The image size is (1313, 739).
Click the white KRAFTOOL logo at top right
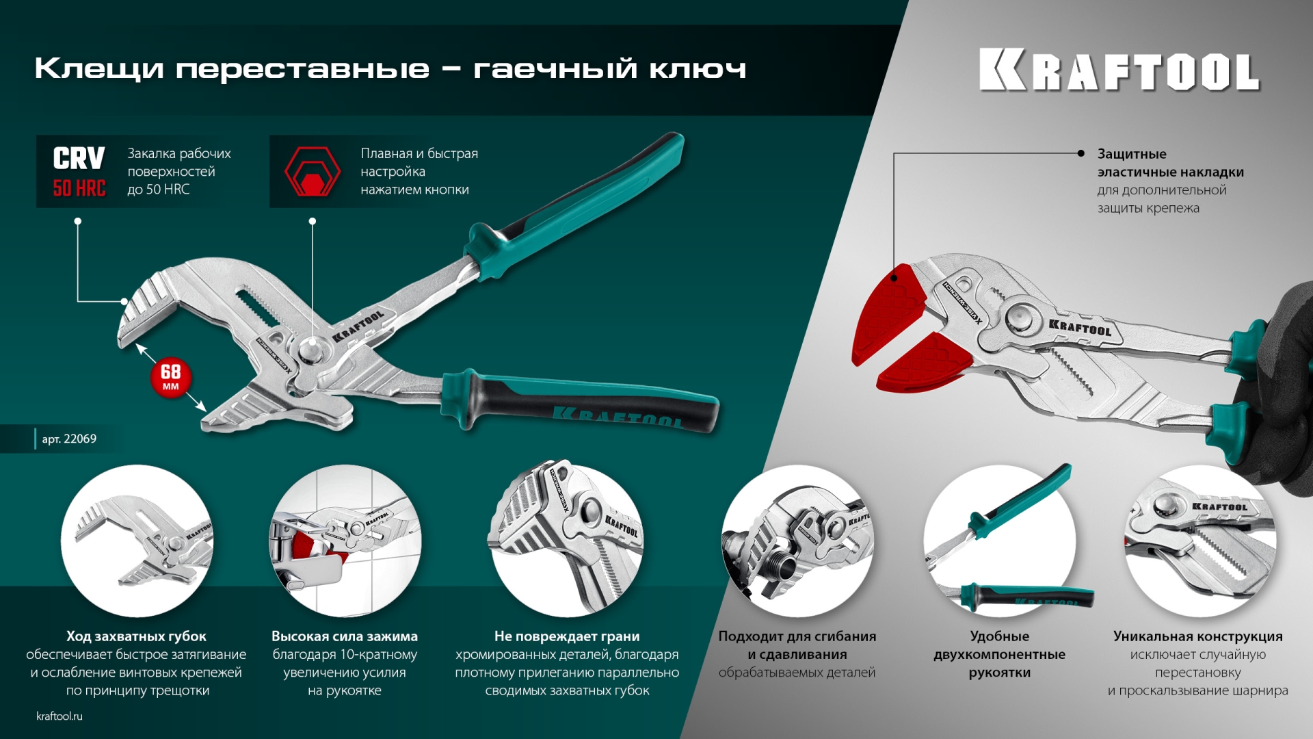1119,70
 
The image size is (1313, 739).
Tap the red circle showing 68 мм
170,377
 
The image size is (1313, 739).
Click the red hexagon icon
312,172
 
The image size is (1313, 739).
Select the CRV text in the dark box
79,158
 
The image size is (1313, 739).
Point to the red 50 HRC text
79,188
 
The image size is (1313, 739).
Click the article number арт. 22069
69,439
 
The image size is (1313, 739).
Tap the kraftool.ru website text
59,716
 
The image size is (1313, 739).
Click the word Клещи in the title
99,68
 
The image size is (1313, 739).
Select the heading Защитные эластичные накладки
1169,163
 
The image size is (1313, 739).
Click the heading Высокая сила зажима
344,636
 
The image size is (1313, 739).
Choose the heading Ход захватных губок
136,636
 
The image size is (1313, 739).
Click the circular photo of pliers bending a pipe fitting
797,541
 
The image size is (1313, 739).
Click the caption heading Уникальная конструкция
1197,636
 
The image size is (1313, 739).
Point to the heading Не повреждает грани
567,636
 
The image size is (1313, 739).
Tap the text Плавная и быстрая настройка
419,162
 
